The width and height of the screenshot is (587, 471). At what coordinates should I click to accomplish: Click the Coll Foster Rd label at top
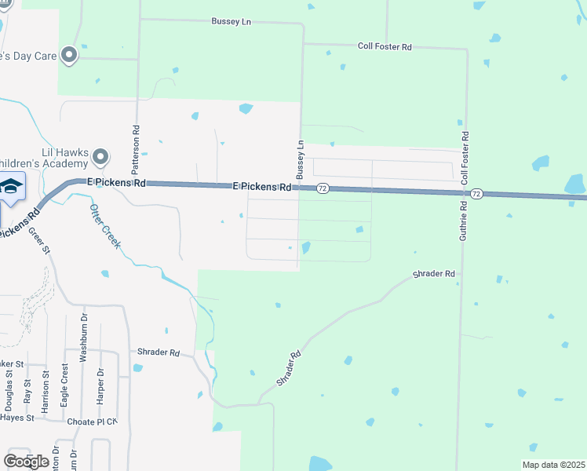click(x=385, y=47)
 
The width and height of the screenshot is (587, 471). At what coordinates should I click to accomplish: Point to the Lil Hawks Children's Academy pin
click(x=100, y=158)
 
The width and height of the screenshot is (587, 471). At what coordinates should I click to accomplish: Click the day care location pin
click(x=69, y=56)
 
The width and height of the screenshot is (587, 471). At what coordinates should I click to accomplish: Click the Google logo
click(x=26, y=461)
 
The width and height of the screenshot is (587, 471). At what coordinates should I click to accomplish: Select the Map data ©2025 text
click(x=552, y=465)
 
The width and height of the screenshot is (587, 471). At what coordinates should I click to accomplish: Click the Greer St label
click(x=39, y=239)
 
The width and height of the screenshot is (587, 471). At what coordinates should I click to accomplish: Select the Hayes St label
click(x=16, y=418)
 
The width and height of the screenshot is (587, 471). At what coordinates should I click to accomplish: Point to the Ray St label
click(x=27, y=391)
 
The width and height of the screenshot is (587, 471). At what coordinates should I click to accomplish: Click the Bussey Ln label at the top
click(x=230, y=21)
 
